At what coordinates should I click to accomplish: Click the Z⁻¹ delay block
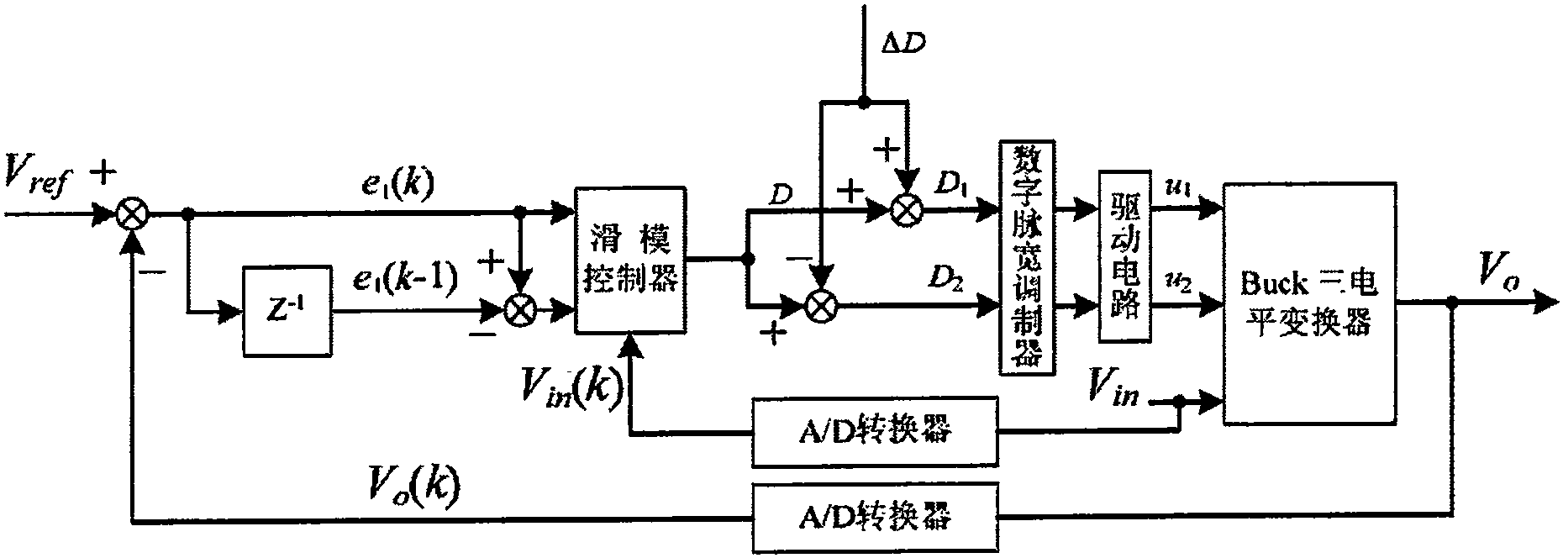[287, 311]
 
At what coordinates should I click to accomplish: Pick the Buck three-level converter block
[1308, 303]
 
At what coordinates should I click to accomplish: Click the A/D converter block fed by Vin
[875, 433]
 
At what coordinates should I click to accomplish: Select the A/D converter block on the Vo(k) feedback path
[875, 517]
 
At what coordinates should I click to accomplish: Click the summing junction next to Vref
[130, 216]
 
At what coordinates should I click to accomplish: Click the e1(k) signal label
[393, 185]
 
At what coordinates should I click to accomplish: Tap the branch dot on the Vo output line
[1451, 303]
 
